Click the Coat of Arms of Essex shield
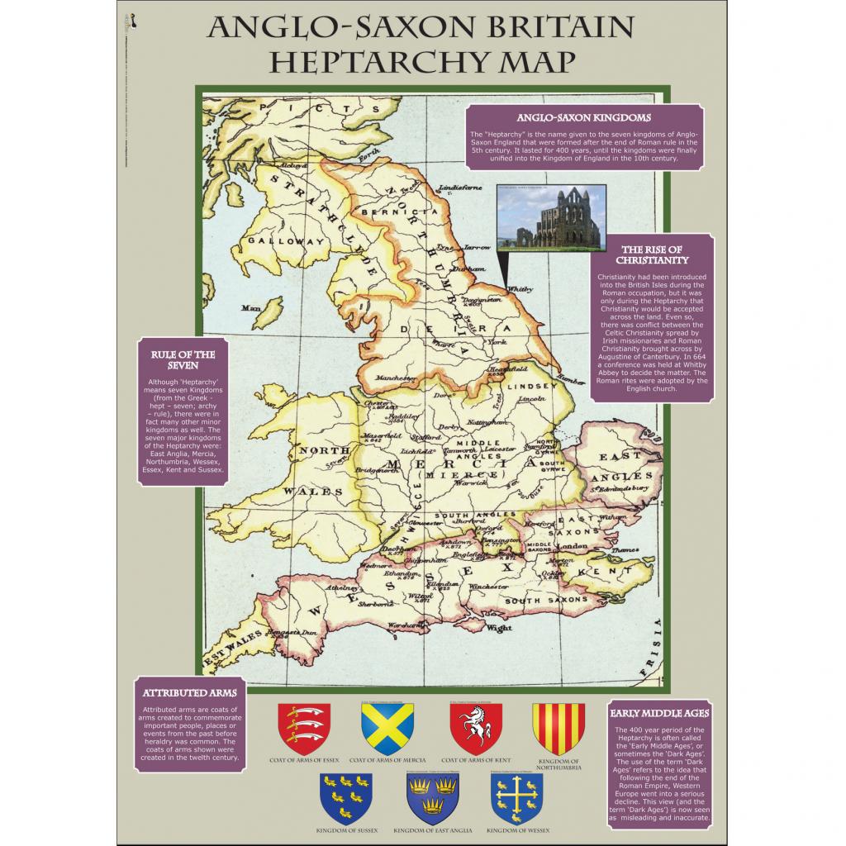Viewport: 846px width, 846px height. tap(304, 728)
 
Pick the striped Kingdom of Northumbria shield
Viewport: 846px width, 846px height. tap(558, 728)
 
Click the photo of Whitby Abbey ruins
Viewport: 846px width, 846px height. tap(552, 217)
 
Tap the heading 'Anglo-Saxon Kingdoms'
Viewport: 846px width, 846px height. tap(584, 118)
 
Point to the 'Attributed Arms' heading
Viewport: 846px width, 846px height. tap(190, 692)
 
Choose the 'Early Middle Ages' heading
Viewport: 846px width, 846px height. tap(659, 712)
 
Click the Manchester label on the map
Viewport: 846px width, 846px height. tap(392, 377)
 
